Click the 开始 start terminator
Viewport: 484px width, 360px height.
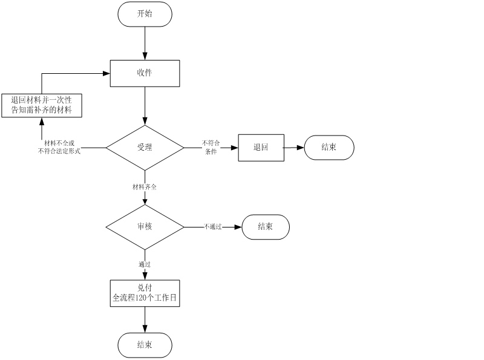[x=145, y=14]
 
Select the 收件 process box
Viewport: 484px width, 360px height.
[x=145, y=73]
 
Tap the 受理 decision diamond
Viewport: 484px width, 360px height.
[x=145, y=147]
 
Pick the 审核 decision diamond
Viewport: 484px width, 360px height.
[x=145, y=227]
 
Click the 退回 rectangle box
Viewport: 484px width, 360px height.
[x=261, y=147]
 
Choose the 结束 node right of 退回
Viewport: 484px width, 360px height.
[x=329, y=147]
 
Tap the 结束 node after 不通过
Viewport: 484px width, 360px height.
[x=266, y=227]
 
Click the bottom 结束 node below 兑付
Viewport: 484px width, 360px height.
[x=145, y=345]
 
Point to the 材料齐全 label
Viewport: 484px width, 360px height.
[x=145, y=187]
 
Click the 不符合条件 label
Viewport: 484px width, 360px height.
[x=211, y=148]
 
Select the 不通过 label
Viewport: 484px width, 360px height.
[x=213, y=227]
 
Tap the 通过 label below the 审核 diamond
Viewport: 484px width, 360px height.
[x=145, y=264]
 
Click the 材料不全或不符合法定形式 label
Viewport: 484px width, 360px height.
[x=59, y=147]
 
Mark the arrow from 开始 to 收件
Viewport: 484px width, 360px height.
[x=145, y=43]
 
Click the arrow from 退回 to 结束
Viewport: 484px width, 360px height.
[x=294, y=147]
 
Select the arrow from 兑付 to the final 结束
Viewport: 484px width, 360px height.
[x=145, y=319]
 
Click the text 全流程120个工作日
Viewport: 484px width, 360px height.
[x=145, y=298]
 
